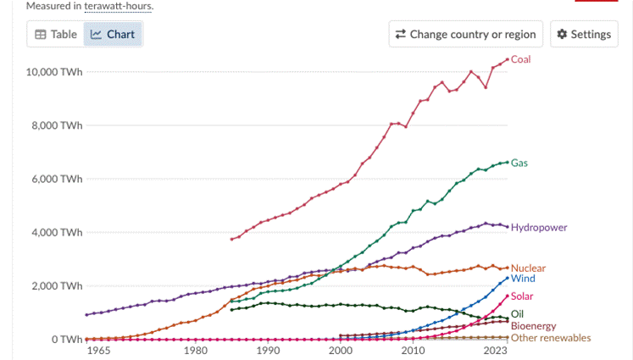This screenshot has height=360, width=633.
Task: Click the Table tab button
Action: pyautogui.click(x=56, y=35)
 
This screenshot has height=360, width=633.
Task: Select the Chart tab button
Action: pyautogui.click(x=114, y=35)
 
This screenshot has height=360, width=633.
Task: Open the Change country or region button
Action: pyautogui.click(x=464, y=35)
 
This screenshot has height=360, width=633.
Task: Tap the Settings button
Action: pyautogui.click(x=583, y=35)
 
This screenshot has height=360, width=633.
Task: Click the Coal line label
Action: pyautogui.click(x=521, y=59)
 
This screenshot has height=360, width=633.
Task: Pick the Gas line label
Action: pyautogui.click(x=519, y=163)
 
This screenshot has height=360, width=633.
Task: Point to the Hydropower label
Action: pyautogui.click(x=539, y=227)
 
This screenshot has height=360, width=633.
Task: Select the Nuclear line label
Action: pyautogui.click(x=528, y=269)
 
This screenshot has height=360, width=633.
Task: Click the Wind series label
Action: pyautogui.click(x=523, y=279)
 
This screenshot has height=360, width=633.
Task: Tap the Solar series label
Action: pyautogui.click(x=523, y=296)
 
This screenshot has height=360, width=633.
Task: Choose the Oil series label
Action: pyautogui.click(x=517, y=314)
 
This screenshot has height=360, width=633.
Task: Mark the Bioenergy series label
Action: pyautogui.click(x=534, y=326)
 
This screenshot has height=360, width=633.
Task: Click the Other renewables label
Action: pyautogui.click(x=551, y=338)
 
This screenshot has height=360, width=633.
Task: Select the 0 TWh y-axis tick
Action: pyautogui.click(x=65, y=340)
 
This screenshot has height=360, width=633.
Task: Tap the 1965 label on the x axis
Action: pyautogui.click(x=100, y=351)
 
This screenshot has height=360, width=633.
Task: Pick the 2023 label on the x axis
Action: pyautogui.click(x=495, y=351)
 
